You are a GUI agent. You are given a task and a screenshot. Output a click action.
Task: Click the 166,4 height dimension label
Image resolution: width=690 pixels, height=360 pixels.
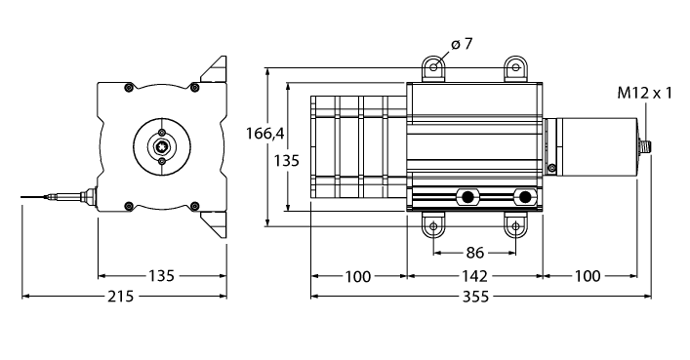click(x=264, y=133)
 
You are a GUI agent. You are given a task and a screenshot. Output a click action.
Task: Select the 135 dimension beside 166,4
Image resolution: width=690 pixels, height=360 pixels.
click(x=287, y=161)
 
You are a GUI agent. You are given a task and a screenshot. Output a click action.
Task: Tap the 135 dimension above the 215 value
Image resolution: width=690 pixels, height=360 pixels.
click(x=161, y=276)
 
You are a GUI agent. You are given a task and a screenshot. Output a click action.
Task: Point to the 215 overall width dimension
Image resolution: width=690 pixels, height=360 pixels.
click(x=120, y=297)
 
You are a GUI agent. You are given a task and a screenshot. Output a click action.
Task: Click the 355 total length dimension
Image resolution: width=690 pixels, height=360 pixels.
click(x=475, y=297)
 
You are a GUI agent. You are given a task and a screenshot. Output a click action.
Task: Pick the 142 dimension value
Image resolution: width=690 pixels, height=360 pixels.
click(x=475, y=276)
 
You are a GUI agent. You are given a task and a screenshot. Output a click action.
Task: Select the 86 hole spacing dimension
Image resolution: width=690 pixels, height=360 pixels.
click(x=475, y=253)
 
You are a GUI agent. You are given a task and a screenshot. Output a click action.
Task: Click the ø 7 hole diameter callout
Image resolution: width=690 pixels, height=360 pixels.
click(x=462, y=44)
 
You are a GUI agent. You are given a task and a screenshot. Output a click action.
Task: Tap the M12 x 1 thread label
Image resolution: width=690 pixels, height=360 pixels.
click(x=645, y=94)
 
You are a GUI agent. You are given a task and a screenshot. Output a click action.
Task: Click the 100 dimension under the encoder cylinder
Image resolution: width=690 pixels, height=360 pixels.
click(x=588, y=276)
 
